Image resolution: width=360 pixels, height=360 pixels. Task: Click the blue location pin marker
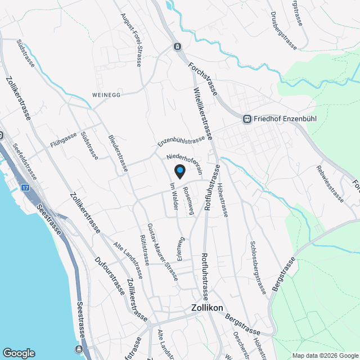pos(179,171)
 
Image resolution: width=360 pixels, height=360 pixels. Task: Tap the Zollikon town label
pos(207,308)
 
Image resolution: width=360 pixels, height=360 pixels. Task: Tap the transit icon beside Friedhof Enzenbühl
pos(246,119)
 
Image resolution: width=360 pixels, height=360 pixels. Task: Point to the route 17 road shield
pos(25,187)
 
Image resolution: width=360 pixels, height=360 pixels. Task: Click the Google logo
pos(19,353)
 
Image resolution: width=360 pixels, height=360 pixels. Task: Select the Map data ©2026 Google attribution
pos(325,355)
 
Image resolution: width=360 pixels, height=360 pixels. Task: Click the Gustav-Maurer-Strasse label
pos(162,251)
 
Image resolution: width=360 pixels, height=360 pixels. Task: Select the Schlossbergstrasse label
pos(256,267)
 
